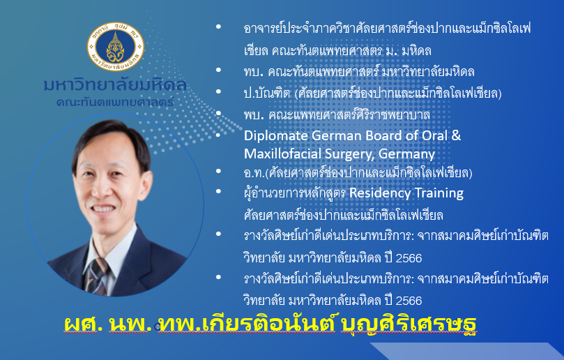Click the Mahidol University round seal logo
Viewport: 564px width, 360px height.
click(x=116, y=47)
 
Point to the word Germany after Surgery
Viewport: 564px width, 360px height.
click(x=406, y=155)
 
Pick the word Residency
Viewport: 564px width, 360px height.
click(x=380, y=193)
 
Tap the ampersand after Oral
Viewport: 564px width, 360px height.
click(x=456, y=135)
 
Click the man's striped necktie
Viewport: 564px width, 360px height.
click(x=96, y=276)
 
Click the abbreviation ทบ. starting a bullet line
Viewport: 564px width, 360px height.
click(x=254, y=72)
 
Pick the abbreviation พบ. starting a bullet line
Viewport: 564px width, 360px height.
click(x=254, y=115)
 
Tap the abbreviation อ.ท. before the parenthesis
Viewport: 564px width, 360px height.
click(x=254, y=173)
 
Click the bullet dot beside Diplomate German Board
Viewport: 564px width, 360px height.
click(x=218, y=135)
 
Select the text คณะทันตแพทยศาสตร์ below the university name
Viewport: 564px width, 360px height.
click(x=115, y=103)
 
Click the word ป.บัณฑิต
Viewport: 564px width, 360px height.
click(x=266, y=93)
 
